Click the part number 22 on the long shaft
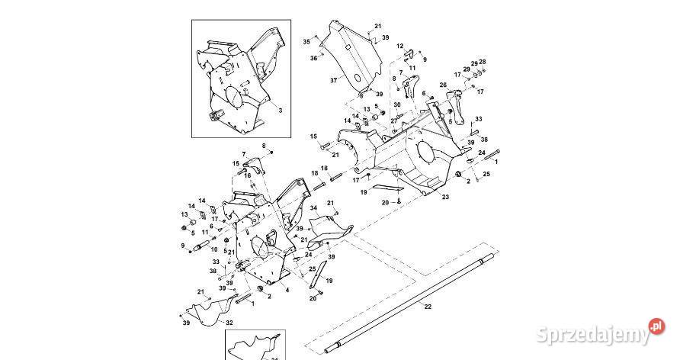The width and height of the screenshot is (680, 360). point(427,306)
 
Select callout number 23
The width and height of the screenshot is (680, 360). point(445,197)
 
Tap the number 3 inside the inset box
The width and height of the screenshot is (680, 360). point(280,111)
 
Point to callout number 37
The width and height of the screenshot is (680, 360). point(333,80)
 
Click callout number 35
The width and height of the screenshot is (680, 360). point(306,41)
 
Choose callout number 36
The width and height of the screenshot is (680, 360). point(313,58)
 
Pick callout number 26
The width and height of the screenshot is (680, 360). point(443,85)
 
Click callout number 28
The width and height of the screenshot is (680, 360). point(482,62)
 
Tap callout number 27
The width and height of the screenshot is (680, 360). point(394,121)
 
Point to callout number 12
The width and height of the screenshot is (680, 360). point(399,47)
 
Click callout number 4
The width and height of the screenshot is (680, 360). point(286,291)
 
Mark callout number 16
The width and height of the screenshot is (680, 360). point(248,176)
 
